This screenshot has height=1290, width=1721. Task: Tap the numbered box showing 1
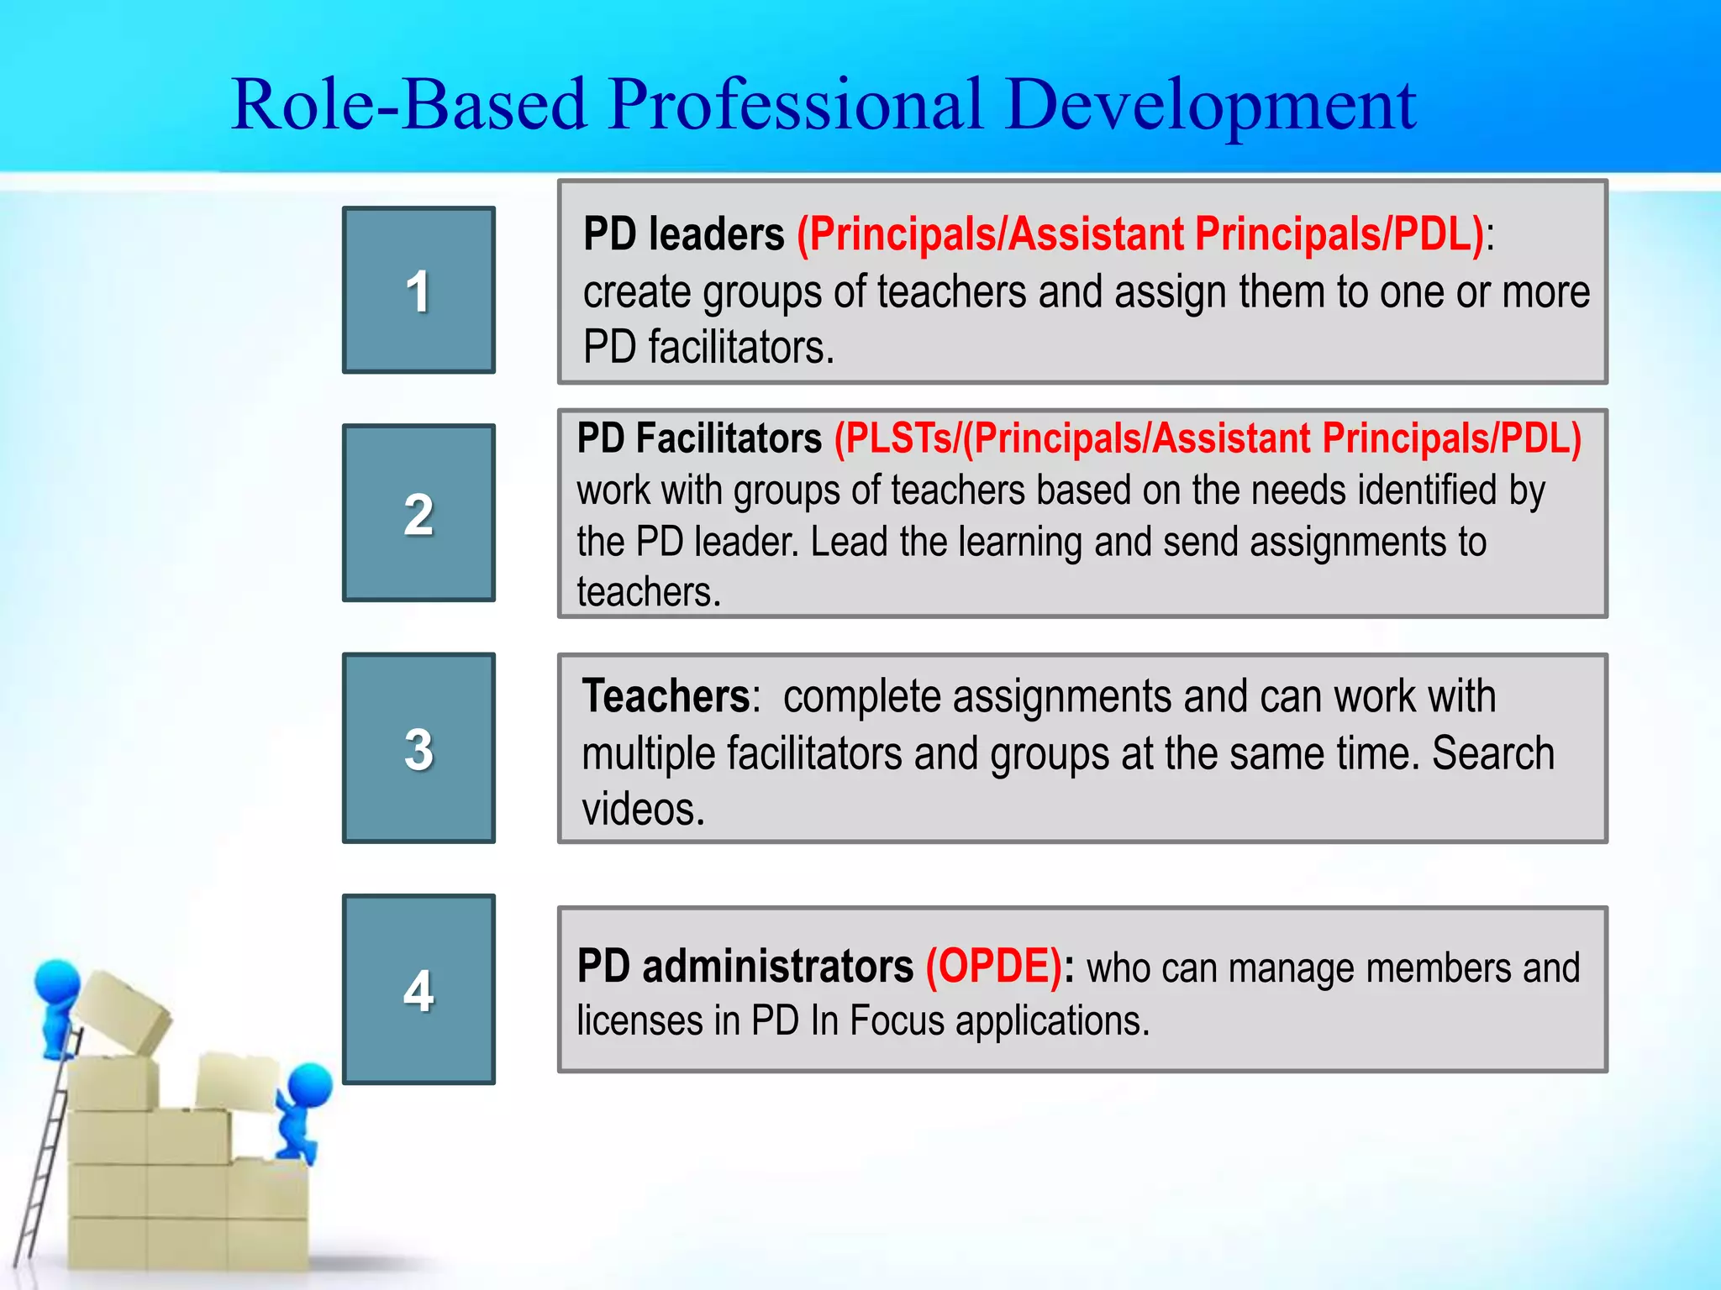coord(418,290)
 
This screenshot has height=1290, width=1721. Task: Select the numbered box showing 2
coord(418,513)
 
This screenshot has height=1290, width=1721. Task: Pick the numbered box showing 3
coord(418,748)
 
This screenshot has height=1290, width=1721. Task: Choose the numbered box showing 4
coord(418,989)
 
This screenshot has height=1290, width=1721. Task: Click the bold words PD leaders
coord(683,234)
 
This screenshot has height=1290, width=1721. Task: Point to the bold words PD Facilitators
coord(699,438)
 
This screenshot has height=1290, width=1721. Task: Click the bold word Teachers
coord(666,696)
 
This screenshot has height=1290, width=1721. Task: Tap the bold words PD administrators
coord(745,967)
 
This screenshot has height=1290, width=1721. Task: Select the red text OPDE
coord(993,967)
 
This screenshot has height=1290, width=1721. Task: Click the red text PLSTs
coord(896,438)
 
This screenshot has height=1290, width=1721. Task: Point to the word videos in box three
coord(643,810)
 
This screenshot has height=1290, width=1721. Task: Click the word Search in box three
coord(1492,753)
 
